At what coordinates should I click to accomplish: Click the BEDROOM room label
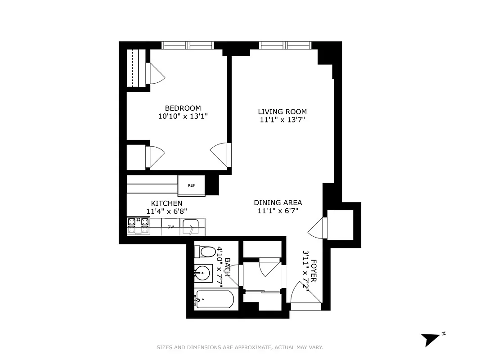pos(183,108)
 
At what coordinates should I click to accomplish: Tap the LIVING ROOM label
pos(282,112)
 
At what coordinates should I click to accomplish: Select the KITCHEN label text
pos(166,203)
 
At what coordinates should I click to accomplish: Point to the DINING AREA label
pos(278,202)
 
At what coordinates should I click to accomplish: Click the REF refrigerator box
pos(192,185)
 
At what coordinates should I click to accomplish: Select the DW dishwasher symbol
pos(170,227)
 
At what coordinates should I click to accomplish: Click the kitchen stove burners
pos(138,226)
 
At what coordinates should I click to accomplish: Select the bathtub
pos(215,299)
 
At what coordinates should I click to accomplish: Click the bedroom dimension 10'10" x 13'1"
pos(183,116)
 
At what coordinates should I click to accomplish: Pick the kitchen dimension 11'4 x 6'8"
pos(166,211)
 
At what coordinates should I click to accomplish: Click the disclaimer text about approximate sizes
pos(240,347)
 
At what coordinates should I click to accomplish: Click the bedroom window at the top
pos(188,45)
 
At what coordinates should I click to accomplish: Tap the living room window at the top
pos(285,45)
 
